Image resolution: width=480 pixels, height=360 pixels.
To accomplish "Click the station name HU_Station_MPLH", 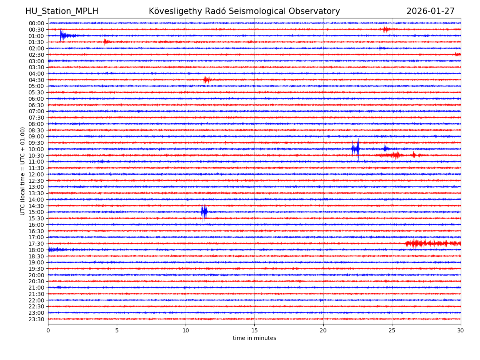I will pyautogui.click(x=62, y=12).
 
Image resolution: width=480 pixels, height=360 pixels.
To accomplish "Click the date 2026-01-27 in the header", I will pyautogui.click(x=430, y=12).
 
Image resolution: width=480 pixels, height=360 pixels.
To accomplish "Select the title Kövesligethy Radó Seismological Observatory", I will pyautogui.click(x=244, y=12).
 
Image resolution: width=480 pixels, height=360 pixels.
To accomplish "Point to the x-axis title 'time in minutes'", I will pyautogui.click(x=254, y=338).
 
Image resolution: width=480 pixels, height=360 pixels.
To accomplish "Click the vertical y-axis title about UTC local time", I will pyautogui.click(x=23, y=171).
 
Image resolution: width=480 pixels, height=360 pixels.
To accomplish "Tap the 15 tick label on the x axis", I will pyautogui.click(x=254, y=330).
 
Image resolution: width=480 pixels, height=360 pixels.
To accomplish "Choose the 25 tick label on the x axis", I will pyautogui.click(x=392, y=330).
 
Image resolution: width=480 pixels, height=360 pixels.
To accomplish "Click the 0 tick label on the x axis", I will pyautogui.click(x=48, y=330).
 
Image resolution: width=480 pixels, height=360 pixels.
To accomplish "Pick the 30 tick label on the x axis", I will pyautogui.click(x=461, y=330).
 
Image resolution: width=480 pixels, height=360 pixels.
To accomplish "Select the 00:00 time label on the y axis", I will pyautogui.click(x=36, y=23).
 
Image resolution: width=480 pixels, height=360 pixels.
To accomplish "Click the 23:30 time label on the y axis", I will pyautogui.click(x=36, y=319).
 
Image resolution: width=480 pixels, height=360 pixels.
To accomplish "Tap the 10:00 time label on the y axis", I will pyautogui.click(x=36, y=149).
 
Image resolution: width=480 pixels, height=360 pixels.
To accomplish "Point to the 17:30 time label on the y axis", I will pyautogui.click(x=36, y=244).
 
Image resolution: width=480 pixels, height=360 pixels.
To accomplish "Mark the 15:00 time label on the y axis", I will pyautogui.click(x=36, y=212).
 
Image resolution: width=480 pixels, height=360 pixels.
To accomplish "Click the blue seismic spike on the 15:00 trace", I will pyautogui.click(x=204, y=212).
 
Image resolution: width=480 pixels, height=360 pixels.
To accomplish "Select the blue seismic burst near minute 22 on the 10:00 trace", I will pyautogui.click(x=356, y=149).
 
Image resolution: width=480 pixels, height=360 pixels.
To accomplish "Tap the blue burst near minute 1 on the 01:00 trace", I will pyautogui.click(x=63, y=36).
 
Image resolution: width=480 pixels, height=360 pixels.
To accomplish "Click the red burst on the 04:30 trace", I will pyautogui.click(x=206, y=80).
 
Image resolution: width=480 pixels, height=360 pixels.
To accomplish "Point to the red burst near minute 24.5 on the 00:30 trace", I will pyautogui.click(x=386, y=29).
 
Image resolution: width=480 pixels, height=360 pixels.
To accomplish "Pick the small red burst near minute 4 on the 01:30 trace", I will pyautogui.click(x=105, y=42).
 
